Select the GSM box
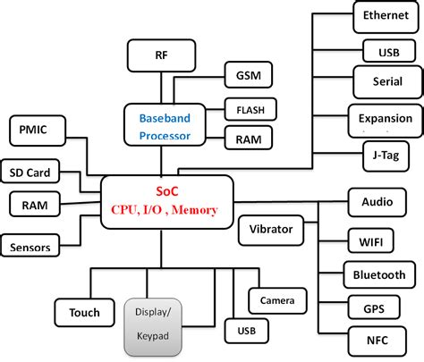point(242,76)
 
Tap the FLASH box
point(249,111)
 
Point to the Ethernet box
point(386,16)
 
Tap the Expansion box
point(386,118)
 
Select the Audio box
point(377,202)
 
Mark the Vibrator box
point(271,230)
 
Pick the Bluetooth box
point(379,275)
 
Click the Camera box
point(277,300)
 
